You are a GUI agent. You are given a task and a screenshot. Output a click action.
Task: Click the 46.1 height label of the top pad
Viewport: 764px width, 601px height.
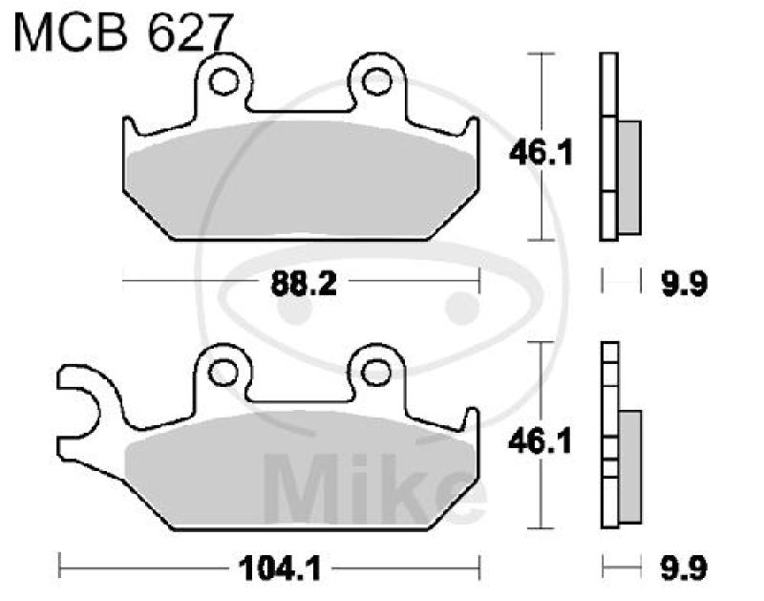tap(540, 151)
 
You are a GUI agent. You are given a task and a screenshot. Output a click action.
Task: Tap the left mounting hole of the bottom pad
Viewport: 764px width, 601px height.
tap(224, 371)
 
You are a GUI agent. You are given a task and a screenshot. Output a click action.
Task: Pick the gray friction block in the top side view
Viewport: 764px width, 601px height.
tap(629, 177)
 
